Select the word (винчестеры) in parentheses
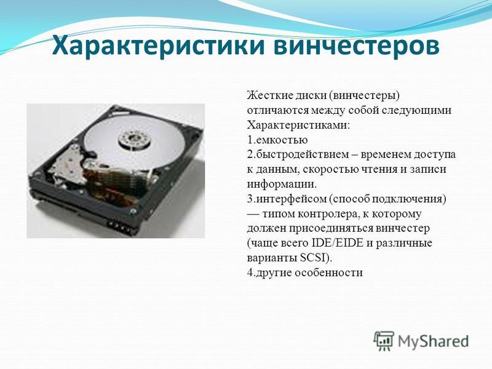click(x=364, y=95)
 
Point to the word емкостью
click(x=282, y=140)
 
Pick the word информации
click(x=282, y=184)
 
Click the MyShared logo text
click(x=433, y=341)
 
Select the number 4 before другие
click(x=250, y=272)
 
